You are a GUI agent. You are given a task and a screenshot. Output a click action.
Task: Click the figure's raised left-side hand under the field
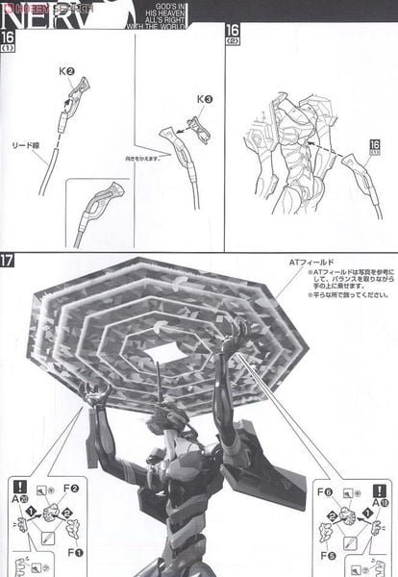[x=94, y=392]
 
